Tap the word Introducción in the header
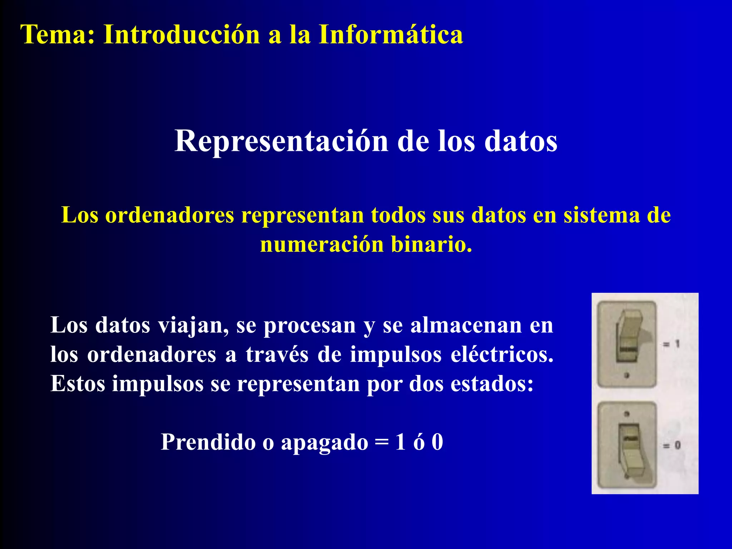click(x=182, y=35)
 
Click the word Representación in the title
click(x=281, y=141)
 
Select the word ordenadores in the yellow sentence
click(x=169, y=215)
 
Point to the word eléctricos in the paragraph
click(x=502, y=355)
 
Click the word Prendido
click(x=208, y=442)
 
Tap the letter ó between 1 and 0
click(x=419, y=442)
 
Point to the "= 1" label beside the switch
click(x=671, y=344)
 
